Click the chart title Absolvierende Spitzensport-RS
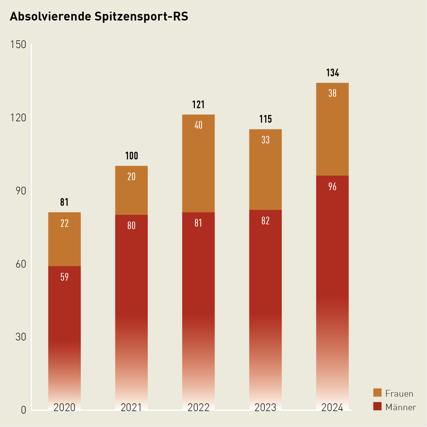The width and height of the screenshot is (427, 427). click(99, 17)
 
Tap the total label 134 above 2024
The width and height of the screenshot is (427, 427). click(332, 73)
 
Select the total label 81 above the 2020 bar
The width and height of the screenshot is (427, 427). click(64, 202)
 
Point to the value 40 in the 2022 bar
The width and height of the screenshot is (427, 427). click(198, 125)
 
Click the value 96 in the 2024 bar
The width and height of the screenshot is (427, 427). click(332, 187)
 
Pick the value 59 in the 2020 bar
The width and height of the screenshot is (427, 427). click(64, 277)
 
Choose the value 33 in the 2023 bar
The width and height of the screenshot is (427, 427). click(265, 140)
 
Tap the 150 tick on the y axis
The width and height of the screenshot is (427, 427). click(18, 45)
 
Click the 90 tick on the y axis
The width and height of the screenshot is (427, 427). click(21, 191)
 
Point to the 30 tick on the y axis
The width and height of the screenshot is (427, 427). click(21, 337)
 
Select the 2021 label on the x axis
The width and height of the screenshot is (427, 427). click(131, 408)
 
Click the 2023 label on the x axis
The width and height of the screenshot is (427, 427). click(265, 408)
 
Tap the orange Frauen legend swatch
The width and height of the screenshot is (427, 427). click(377, 393)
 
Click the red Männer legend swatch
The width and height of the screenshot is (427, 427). click(377, 406)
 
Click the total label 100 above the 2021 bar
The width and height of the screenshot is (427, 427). click(132, 156)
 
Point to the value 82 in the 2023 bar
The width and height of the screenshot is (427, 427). click(265, 221)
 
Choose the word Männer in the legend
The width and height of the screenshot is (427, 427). click(401, 407)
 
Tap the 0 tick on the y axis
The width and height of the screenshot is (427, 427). click(24, 410)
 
